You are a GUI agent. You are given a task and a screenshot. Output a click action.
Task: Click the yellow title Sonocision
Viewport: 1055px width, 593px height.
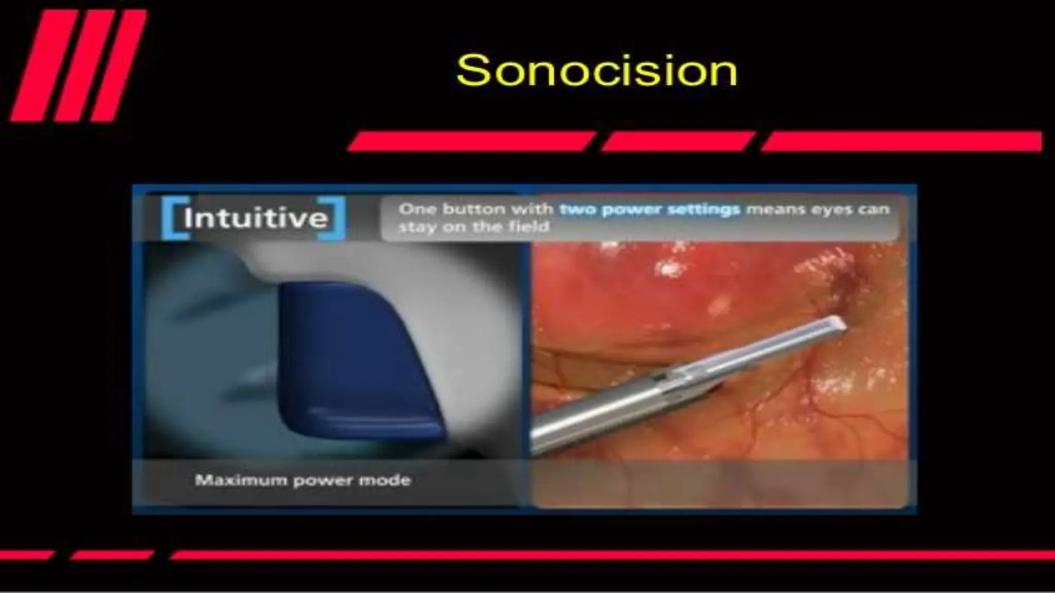click(x=597, y=71)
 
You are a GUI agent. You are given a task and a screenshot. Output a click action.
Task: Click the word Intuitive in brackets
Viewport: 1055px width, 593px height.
click(x=256, y=218)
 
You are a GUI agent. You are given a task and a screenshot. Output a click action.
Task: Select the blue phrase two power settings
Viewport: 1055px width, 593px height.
click(x=650, y=210)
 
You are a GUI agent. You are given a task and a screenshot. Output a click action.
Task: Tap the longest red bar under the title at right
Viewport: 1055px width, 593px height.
click(x=901, y=142)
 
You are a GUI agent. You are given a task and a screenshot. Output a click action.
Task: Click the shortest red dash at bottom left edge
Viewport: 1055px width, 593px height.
click(x=26, y=555)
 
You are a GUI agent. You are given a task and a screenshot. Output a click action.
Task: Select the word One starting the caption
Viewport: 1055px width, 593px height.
click(x=417, y=210)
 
